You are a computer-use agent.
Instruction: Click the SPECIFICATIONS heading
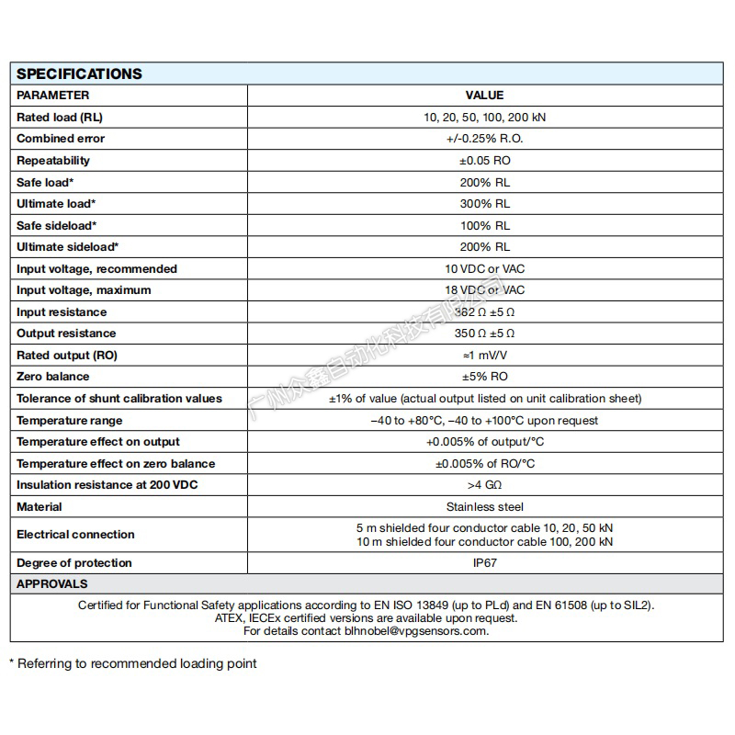point(79,74)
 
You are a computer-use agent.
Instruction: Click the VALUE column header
point(484,96)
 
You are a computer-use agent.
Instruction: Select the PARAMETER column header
point(53,96)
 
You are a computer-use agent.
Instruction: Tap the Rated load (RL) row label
point(60,118)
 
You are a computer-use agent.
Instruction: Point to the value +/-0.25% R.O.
point(484,139)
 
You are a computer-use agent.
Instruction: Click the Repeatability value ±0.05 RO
point(484,161)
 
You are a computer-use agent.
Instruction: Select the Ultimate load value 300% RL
point(484,204)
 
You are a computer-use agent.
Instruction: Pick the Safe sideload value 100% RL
point(484,225)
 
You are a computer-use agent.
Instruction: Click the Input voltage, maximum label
point(84,290)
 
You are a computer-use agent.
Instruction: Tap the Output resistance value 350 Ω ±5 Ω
point(484,334)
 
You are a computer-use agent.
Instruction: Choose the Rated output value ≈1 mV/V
point(484,356)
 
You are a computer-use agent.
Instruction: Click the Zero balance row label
point(53,377)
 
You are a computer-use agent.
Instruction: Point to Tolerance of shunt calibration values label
point(119,399)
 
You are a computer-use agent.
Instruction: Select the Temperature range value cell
point(484,421)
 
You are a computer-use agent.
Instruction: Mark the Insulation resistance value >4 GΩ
point(484,485)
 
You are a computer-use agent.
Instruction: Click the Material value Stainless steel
point(484,507)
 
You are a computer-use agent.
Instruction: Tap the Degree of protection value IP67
point(484,563)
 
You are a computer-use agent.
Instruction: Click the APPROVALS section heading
point(52,584)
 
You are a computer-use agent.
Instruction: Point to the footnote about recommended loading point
point(133,663)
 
